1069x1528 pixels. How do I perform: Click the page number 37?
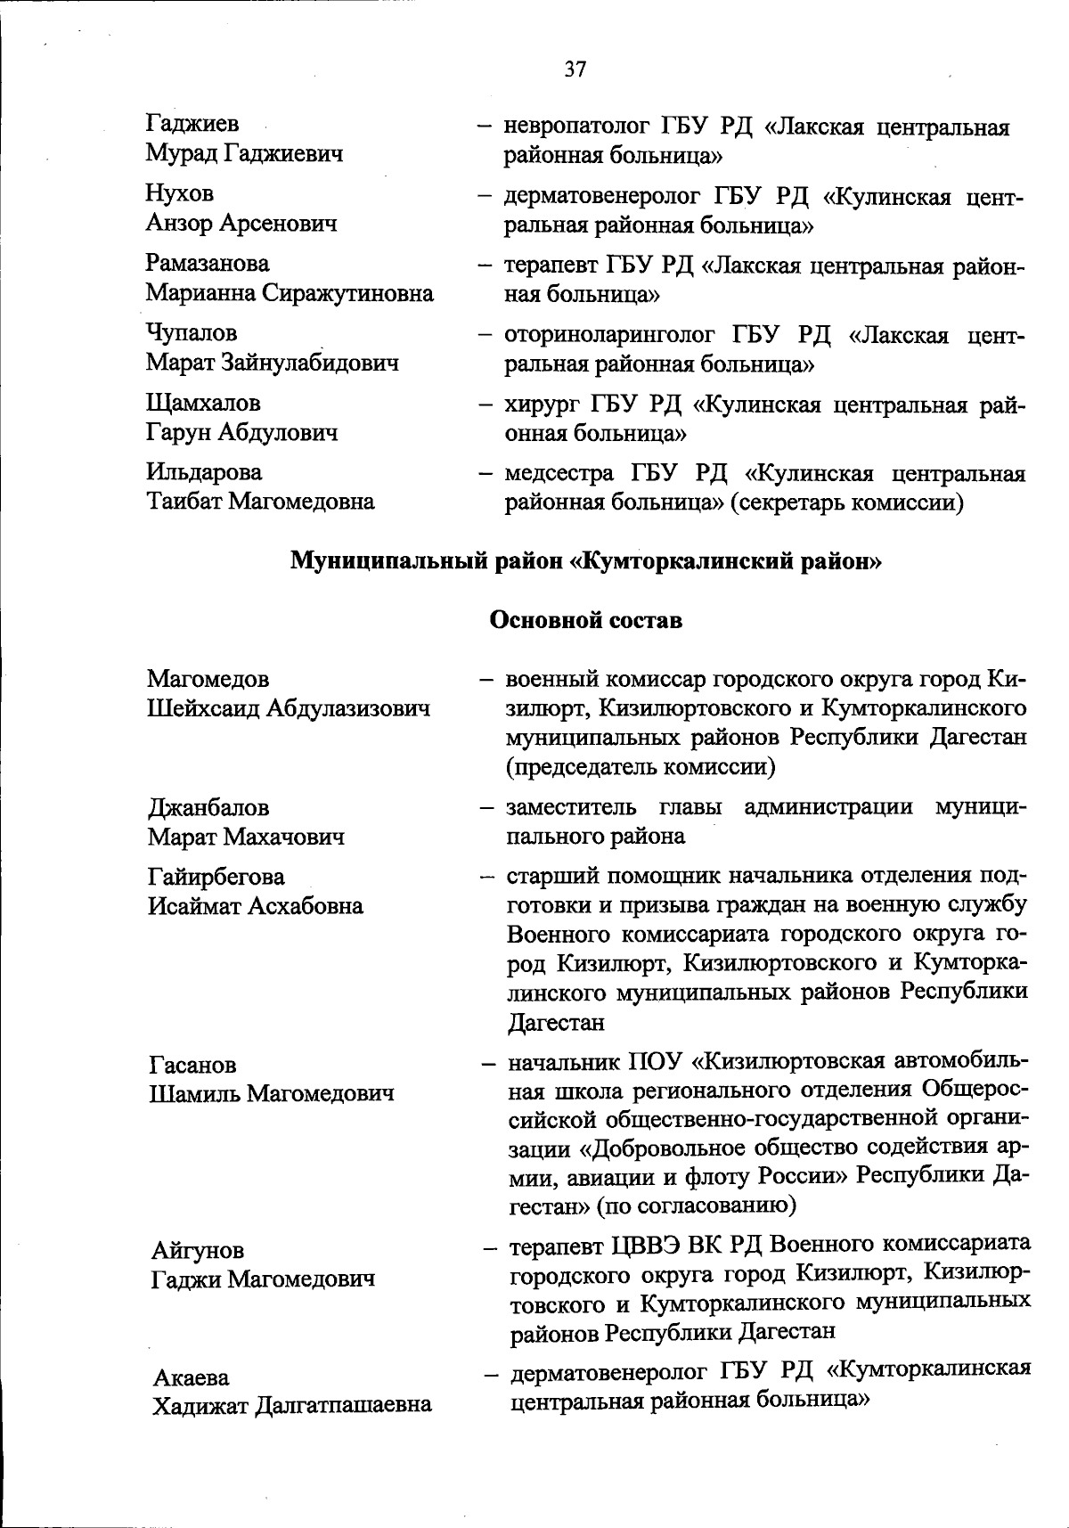click(575, 69)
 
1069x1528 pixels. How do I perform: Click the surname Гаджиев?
click(192, 124)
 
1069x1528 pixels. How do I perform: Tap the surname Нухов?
click(180, 193)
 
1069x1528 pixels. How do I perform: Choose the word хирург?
click(541, 405)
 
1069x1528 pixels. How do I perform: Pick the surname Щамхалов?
click(204, 403)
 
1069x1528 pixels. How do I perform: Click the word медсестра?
click(558, 473)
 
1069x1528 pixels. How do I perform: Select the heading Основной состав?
click(586, 621)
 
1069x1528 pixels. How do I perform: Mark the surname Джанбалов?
click(208, 807)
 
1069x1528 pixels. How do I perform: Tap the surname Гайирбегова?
click(216, 877)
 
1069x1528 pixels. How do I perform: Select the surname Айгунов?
click(197, 1250)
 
